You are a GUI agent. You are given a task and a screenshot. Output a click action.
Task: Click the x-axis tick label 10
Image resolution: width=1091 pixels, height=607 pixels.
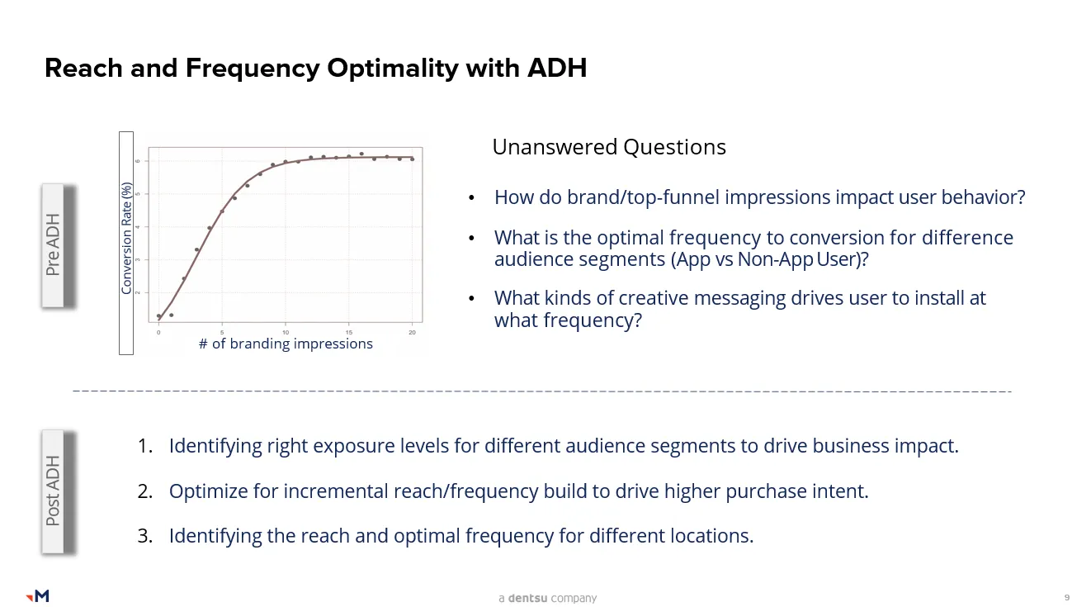click(x=286, y=333)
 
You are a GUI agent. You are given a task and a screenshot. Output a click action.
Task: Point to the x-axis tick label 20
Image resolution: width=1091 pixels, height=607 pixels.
click(x=412, y=333)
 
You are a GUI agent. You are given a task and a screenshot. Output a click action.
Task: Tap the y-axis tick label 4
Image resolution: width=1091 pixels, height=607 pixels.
click(x=138, y=227)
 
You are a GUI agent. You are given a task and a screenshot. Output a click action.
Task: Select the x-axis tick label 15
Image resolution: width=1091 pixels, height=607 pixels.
click(x=349, y=333)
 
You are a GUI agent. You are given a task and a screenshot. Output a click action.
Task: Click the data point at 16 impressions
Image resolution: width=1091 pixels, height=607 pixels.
click(x=361, y=154)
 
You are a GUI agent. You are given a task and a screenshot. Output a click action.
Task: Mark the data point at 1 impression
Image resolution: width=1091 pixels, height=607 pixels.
click(x=172, y=315)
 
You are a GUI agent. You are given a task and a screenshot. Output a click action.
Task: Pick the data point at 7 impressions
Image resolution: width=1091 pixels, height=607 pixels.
click(x=248, y=186)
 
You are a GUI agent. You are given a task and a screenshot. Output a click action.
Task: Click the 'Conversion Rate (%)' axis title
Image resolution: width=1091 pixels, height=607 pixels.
click(x=126, y=239)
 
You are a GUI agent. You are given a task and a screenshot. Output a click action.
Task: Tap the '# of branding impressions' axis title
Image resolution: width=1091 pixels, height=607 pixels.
click(x=286, y=344)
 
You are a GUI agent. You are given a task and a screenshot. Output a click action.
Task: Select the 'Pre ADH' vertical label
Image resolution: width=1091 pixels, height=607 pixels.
click(x=53, y=244)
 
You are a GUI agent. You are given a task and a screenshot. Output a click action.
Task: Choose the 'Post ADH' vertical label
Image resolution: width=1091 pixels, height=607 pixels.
click(x=53, y=491)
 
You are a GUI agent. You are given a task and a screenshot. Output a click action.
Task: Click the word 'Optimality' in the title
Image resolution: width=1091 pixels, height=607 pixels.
click(x=393, y=69)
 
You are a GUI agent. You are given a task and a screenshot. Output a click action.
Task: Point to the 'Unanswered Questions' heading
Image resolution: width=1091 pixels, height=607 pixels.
click(x=609, y=147)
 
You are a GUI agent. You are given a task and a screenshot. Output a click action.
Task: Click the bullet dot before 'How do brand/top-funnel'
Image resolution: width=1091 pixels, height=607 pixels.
click(x=471, y=198)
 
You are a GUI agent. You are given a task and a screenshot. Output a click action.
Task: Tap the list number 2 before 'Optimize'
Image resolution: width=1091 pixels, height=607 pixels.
click(x=144, y=491)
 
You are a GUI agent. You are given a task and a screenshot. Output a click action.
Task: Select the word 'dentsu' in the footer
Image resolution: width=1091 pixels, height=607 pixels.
click(x=527, y=598)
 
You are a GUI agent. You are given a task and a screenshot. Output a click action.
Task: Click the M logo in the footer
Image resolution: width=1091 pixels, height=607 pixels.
click(x=37, y=595)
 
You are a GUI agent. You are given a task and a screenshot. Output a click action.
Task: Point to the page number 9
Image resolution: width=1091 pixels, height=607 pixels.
click(x=1066, y=598)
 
